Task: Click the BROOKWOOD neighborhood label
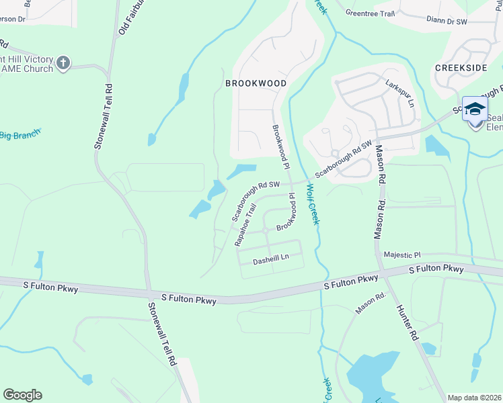(x=256, y=83)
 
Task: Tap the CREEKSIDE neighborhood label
(x=461, y=68)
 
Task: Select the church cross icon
(x=64, y=63)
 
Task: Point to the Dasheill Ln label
(x=271, y=257)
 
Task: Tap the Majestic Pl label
(x=401, y=255)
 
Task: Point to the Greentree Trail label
(x=368, y=12)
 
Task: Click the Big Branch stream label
(x=20, y=135)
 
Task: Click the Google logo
(x=22, y=394)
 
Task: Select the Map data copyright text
(x=474, y=398)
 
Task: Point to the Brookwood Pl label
(x=280, y=146)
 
